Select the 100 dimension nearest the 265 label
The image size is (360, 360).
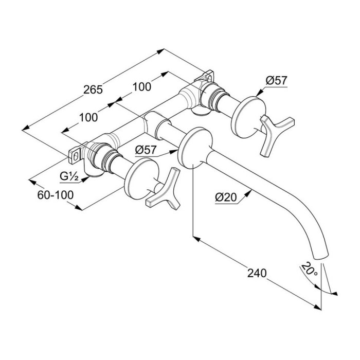click(141, 86)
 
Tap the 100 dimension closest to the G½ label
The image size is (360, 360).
click(88, 117)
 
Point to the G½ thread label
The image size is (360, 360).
click(68, 176)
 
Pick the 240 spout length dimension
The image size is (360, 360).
click(256, 273)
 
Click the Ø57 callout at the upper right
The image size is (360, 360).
click(276, 80)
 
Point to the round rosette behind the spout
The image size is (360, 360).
click(194, 148)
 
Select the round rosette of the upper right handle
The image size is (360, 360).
click(246, 117)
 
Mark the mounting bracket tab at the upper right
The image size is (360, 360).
click(208, 77)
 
